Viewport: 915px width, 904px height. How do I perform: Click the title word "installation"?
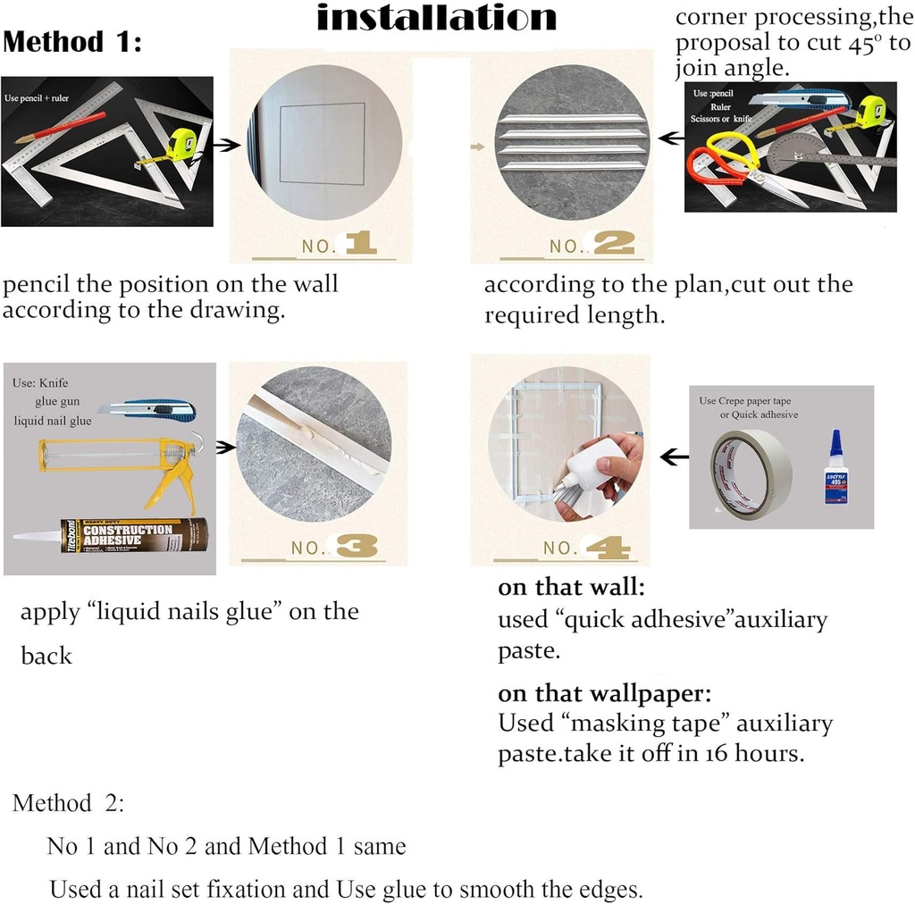437,18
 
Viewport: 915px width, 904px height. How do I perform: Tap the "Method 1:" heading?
72,42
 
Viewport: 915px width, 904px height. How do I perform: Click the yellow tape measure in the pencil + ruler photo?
181,144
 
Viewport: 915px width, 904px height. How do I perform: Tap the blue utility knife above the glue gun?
147,411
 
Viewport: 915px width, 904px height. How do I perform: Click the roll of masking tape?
751,474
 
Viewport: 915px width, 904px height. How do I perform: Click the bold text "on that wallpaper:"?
604,693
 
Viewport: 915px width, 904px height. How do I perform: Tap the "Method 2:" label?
69,802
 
